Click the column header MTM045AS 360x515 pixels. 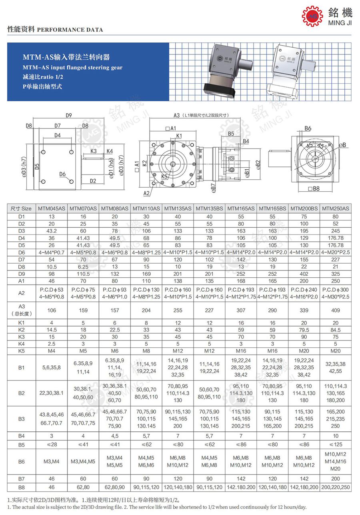[52, 208]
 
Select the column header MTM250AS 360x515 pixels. [336, 208]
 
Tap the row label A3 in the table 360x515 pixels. [21, 310]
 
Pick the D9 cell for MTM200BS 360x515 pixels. [304, 274]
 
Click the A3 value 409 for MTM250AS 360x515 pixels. [336, 310]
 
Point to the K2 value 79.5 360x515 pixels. [304, 330]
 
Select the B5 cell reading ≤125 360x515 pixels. [336, 445]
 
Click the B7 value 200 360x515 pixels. [336, 479]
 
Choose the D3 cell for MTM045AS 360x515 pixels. [52, 230]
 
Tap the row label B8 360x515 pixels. [21, 487]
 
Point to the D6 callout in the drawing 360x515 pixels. [62, 174]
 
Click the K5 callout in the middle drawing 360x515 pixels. [164, 176]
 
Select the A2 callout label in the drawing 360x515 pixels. [146, 193]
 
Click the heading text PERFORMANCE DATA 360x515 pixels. [70, 30]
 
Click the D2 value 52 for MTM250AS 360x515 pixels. [336, 223]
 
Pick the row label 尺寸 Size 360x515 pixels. [21, 208]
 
